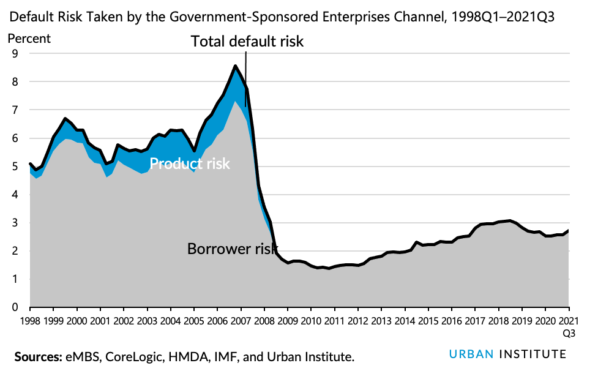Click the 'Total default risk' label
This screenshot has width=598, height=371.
[247, 42]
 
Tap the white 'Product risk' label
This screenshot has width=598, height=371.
[190, 164]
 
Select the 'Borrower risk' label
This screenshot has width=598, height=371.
[228, 249]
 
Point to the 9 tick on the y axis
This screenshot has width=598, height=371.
[15, 53]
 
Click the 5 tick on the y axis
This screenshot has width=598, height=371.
[15, 166]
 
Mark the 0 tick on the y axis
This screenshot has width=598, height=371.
[15, 307]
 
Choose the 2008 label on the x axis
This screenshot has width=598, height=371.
[264, 321]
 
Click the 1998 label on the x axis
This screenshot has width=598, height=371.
[30, 321]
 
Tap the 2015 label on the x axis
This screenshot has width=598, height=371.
[428, 321]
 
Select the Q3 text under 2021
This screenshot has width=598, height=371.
[569, 333]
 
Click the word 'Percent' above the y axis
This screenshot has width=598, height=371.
[29, 38]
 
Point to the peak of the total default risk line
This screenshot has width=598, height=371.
[235, 66]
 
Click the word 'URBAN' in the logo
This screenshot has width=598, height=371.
[471, 354]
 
